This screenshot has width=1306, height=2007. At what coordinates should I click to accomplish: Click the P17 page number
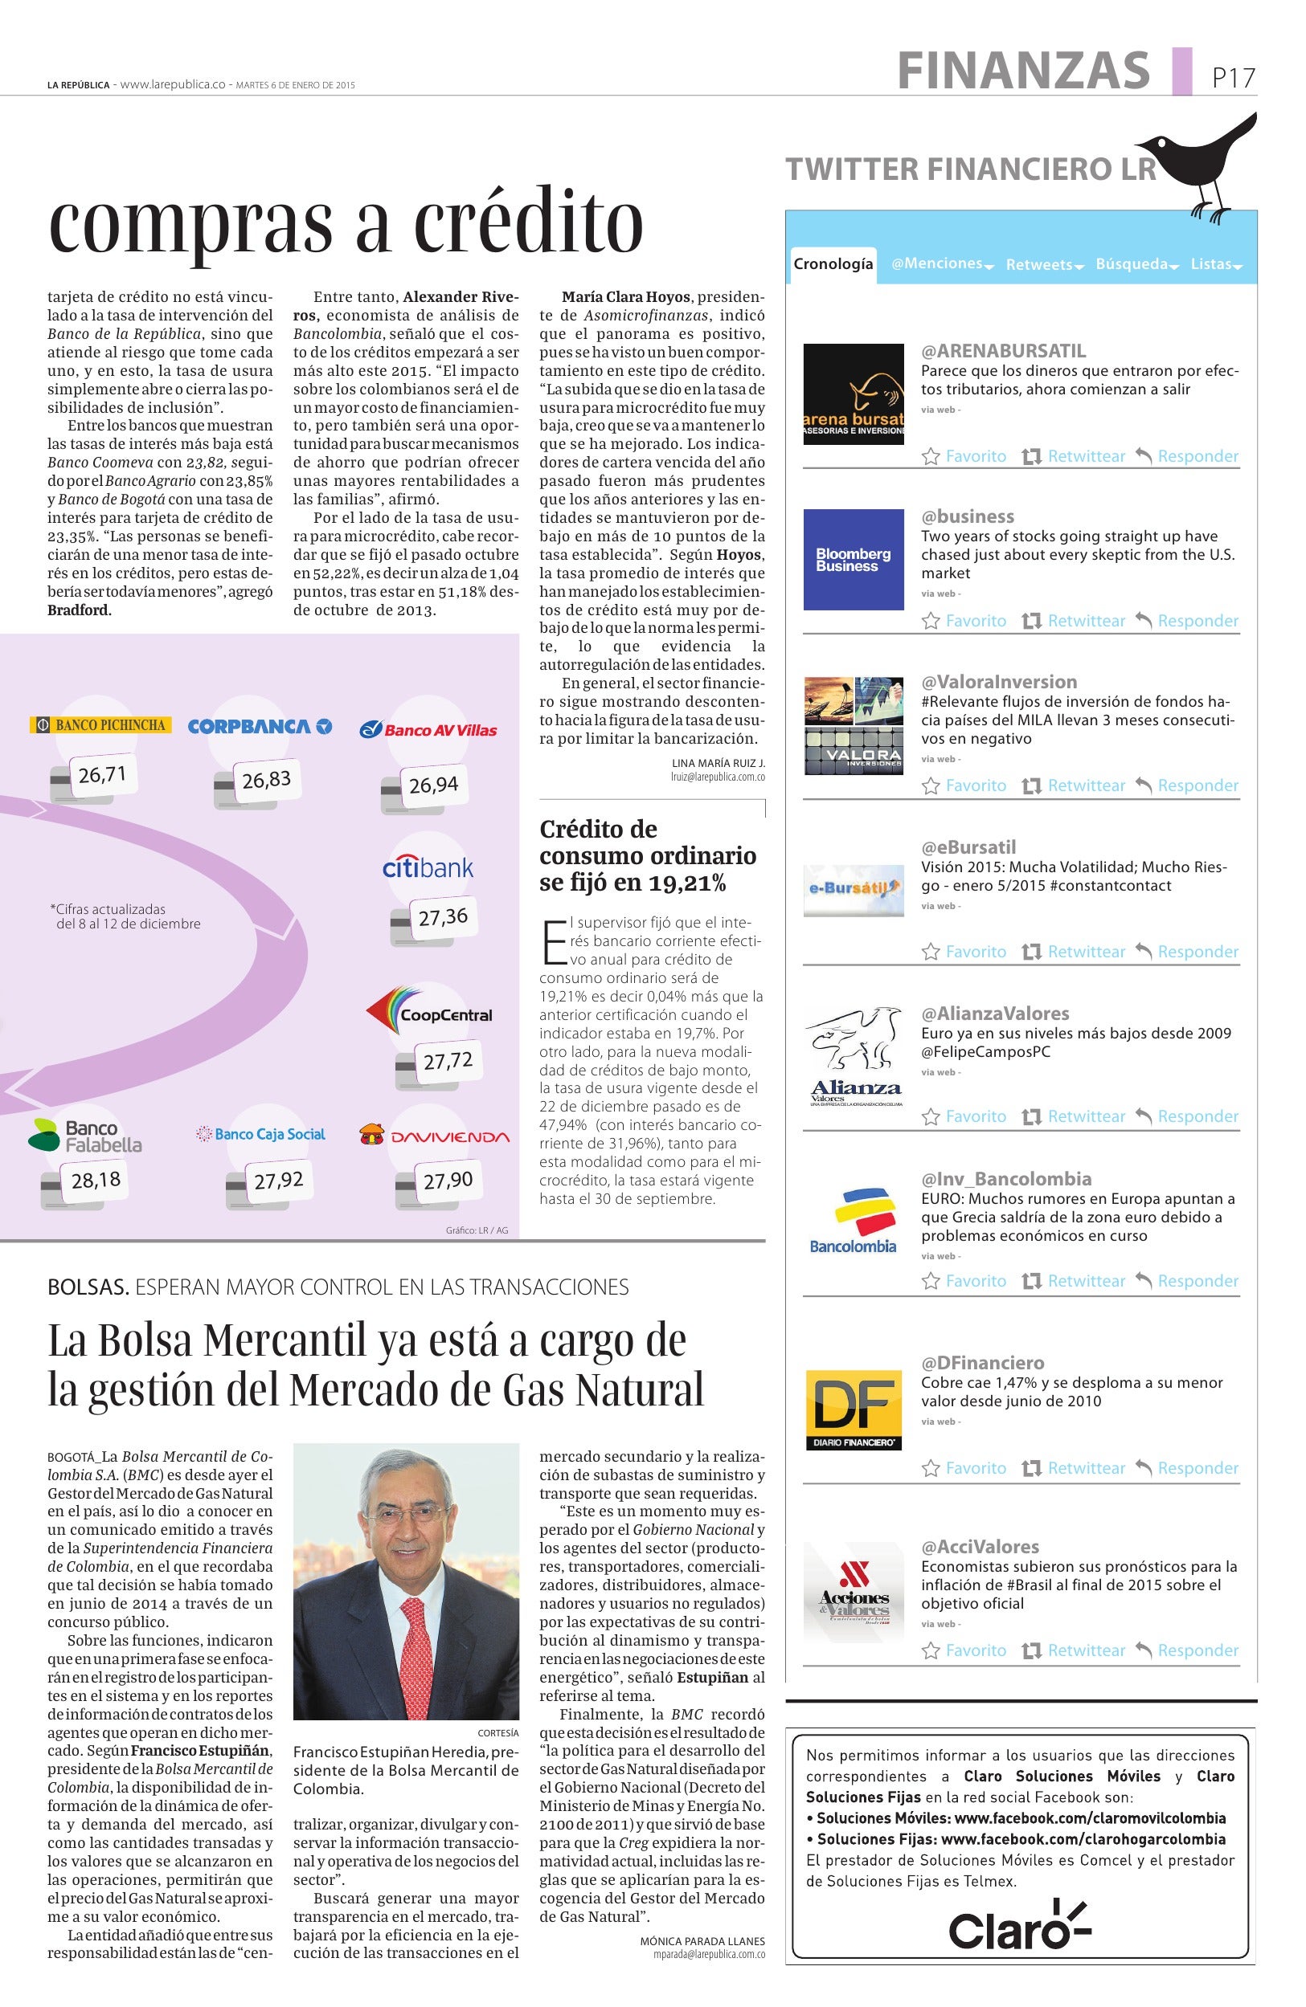coord(1234,79)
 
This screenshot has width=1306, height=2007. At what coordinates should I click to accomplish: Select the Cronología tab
coord(833,264)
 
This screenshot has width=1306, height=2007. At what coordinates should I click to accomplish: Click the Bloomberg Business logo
coord(853,559)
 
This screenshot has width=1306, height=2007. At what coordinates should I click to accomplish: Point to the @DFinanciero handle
coord(982,1363)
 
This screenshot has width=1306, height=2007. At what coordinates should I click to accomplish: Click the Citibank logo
coord(428,867)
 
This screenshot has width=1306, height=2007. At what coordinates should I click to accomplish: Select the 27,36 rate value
coord(443,916)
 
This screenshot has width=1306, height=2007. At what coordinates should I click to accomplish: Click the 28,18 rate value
coord(96,1179)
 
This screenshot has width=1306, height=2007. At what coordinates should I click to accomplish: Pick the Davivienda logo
coord(436,1135)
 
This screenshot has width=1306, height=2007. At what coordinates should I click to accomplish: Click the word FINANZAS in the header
coord(1023,71)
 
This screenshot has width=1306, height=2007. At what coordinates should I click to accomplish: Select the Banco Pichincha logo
coord(101,724)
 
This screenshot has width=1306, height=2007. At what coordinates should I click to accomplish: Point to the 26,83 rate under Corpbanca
coord(267,780)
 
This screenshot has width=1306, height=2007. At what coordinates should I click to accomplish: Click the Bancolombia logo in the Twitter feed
coord(853,1221)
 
